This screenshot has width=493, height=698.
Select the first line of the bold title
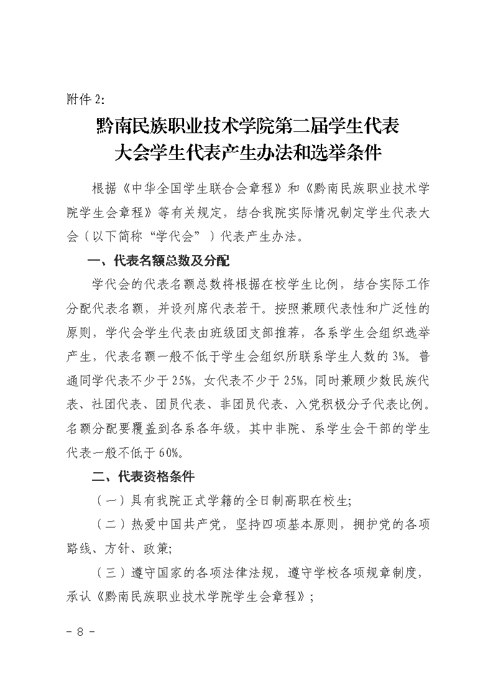(247, 126)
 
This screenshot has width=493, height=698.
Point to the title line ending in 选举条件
(247, 152)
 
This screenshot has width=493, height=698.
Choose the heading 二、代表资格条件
(143, 477)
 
